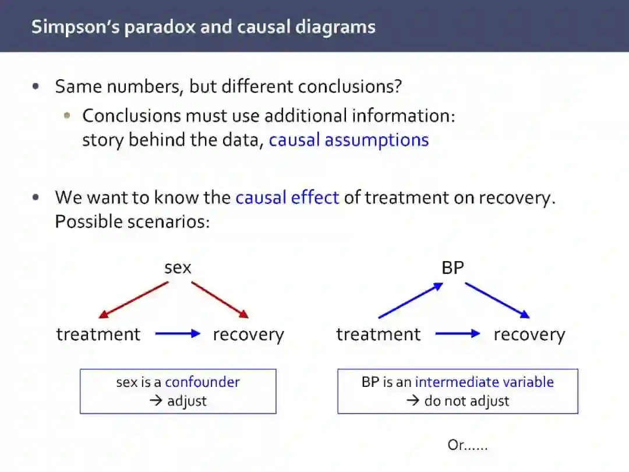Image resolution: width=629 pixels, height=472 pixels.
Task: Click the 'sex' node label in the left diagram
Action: [178, 267]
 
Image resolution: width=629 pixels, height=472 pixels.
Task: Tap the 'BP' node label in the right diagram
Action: [453, 267]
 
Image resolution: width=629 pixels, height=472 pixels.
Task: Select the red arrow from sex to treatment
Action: [133, 300]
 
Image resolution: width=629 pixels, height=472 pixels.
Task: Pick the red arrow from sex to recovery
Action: [220, 300]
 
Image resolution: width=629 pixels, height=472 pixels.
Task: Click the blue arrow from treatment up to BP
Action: [410, 301]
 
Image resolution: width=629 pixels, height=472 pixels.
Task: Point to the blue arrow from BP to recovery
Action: [497, 301]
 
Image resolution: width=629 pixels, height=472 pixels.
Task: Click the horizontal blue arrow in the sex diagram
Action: [178, 334]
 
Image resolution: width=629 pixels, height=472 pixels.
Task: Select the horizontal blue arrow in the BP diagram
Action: [458, 334]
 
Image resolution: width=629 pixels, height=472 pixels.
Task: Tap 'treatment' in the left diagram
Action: [98, 334]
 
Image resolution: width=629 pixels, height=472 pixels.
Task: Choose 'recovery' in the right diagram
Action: [529, 334]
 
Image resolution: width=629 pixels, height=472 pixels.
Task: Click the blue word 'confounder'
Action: [202, 382]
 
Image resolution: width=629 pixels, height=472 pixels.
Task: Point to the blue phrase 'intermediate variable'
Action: [484, 382]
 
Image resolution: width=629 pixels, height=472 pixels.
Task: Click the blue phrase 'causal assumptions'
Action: [348, 140]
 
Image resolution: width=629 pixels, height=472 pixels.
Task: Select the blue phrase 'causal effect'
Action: [287, 198]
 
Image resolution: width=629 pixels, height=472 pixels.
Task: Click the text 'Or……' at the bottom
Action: [467, 446]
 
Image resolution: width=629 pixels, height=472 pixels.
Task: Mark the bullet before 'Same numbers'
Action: [37, 87]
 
